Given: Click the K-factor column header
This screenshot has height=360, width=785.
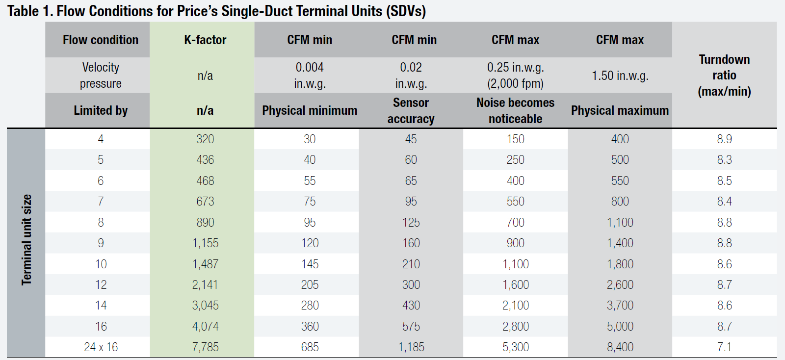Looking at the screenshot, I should point(205,40).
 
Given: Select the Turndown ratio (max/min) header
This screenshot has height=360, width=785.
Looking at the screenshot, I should point(724,75).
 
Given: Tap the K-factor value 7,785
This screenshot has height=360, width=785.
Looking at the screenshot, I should point(205,347).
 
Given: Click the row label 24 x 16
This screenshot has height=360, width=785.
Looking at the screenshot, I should point(101,347).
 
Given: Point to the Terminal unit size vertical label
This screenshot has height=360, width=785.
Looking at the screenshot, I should point(26,240).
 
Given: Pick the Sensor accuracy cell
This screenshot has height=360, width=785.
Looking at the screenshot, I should point(411,110).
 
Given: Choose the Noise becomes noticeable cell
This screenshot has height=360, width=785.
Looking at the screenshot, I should point(515,110).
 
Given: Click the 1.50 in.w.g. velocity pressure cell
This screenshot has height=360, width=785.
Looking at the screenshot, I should point(620,76).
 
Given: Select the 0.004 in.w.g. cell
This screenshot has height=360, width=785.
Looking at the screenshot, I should point(310,75).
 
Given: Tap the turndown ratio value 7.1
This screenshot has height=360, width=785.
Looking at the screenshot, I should point(724,347).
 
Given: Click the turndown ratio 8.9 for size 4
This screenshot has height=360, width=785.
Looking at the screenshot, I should point(724,139).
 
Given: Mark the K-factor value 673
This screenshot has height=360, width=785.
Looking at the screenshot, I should point(205,201).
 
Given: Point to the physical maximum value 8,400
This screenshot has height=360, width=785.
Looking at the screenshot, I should point(620,347).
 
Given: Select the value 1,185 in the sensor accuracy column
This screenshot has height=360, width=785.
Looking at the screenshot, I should point(411,347).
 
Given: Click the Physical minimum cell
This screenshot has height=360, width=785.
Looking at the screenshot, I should point(310,110).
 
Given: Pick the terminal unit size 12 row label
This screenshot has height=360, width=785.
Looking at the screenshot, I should point(101,284).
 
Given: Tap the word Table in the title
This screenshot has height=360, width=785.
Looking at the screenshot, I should point(23,11).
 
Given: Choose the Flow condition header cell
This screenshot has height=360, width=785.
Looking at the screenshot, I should point(101,40).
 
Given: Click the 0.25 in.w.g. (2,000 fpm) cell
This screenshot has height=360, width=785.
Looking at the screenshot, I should point(515,75).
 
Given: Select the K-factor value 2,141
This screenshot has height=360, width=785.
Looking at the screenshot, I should point(205,284).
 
